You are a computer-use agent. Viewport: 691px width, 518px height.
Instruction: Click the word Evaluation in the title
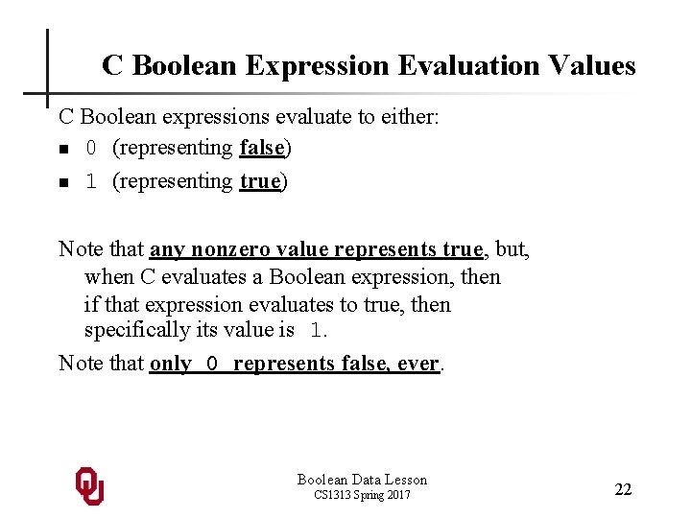tap(441, 65)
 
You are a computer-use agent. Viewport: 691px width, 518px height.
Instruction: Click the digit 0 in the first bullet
tap(92, 149)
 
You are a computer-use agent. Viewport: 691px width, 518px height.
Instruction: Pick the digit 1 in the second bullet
tap(92, 181)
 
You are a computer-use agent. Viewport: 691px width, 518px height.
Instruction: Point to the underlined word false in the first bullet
tap(262, 148)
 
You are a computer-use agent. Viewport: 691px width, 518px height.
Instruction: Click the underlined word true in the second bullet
tap(260, 180)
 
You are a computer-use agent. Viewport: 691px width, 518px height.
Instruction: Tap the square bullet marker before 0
tap(63, 150)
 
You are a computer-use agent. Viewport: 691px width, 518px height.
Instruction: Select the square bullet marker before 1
tap(63, 182)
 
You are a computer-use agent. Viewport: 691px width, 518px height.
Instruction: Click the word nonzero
tap(230, 249)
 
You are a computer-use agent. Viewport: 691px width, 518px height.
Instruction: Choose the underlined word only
tap(170, 364)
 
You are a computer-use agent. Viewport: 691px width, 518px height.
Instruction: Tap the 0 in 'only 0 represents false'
tap(213, 365)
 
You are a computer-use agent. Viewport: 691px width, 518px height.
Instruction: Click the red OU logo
tap(89, 485)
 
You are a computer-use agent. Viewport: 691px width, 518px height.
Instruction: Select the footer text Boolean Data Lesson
tap(362, 480)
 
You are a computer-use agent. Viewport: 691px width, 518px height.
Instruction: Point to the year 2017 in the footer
tap(395, 495)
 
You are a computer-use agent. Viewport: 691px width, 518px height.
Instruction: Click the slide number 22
tap(623, 489)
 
